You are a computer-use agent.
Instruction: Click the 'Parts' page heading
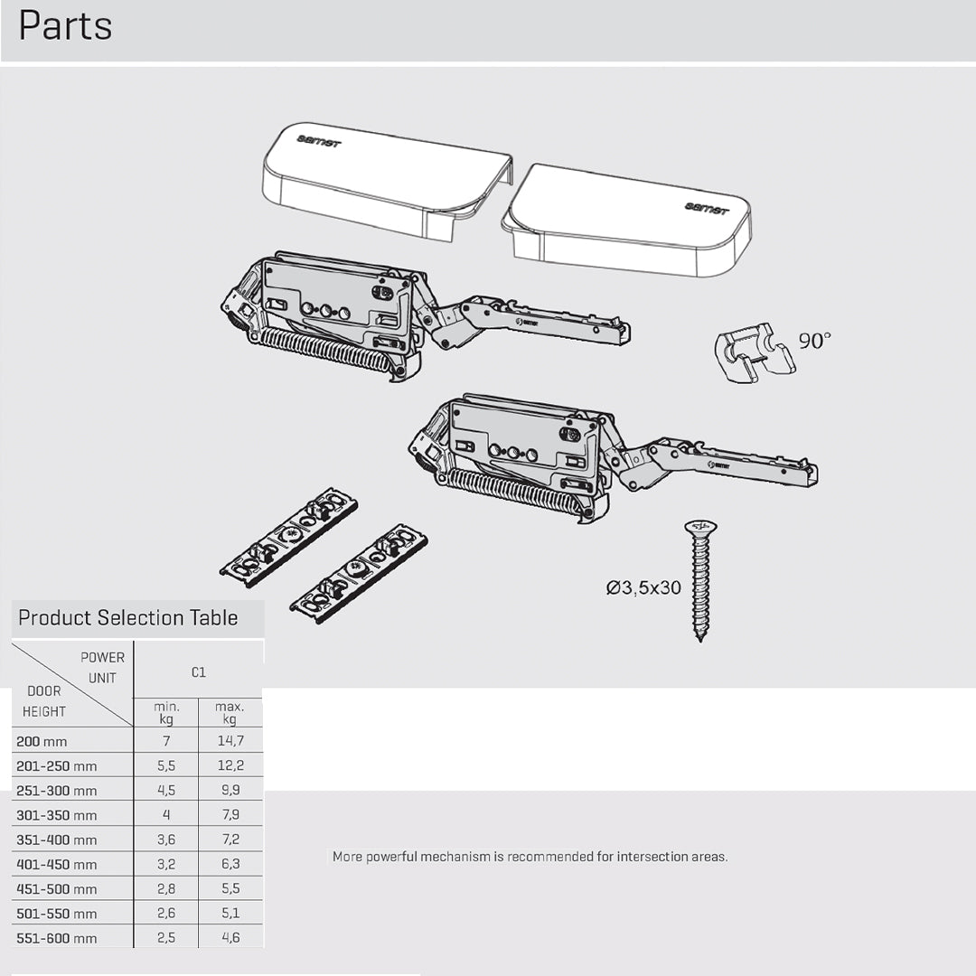pos(65,26)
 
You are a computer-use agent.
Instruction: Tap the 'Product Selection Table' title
pos(127,618)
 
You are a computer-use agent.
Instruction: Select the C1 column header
pos(198,672)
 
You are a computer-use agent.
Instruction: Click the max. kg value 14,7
pos(230,741)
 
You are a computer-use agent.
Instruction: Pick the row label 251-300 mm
pos(56,791)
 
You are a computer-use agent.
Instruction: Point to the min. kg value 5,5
pos(165,765)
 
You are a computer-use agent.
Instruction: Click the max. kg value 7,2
pos(230,840)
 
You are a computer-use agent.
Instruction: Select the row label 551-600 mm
pos(56,938)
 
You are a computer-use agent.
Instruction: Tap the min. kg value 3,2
pos(165,864)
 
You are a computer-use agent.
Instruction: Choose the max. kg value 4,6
pos(230,938)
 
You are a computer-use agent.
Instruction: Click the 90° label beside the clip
pos(814,342)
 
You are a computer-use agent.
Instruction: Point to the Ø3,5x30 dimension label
pos(643,588)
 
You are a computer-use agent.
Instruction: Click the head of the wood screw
pos(699,527)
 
